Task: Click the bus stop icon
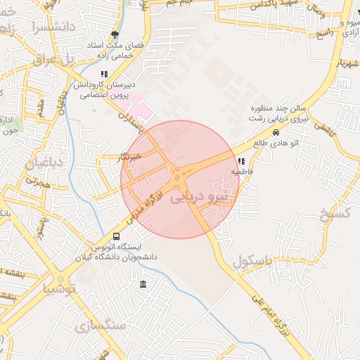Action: pos(117,237)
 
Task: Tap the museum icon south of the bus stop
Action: pos(143,284)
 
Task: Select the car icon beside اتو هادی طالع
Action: pos(275,131)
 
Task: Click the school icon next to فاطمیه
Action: pos(242,161)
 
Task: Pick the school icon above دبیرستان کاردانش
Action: pos(105,74)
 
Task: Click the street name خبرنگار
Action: pos(129,157)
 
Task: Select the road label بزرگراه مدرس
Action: pos(143,207)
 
